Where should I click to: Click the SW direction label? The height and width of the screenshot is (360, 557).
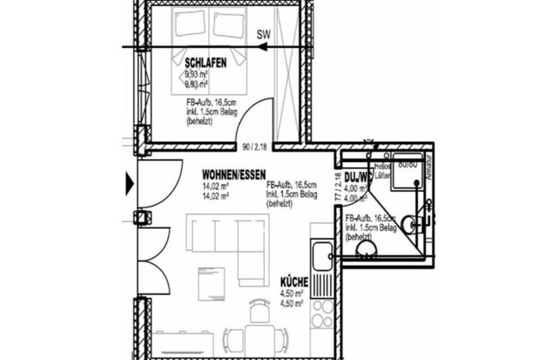(x=264, y=35)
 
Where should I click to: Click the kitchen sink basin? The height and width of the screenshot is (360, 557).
(x=322, y=254)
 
